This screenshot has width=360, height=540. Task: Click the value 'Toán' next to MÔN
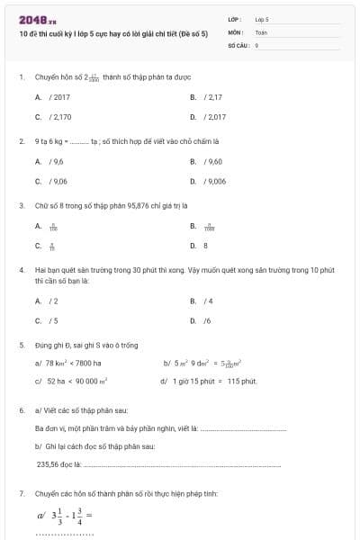(x=261, y=31)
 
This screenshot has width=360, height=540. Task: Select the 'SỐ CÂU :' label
(x=237, y=43)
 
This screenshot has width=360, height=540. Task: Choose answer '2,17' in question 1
(x=214, y=96)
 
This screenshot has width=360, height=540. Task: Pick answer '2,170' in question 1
(x=60, y=116)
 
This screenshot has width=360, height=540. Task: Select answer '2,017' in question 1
(x=215, y=116)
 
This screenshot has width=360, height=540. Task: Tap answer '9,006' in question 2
(x=215, y=181)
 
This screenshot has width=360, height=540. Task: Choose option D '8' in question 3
(x=205, y=245)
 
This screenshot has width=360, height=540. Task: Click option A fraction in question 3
(x=53, y=228)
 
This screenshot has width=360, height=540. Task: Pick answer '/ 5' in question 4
(x=55, y=319)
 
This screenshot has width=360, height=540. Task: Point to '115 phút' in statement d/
(x=243, y=381)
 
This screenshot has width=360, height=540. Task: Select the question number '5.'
(x=22, y=345)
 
